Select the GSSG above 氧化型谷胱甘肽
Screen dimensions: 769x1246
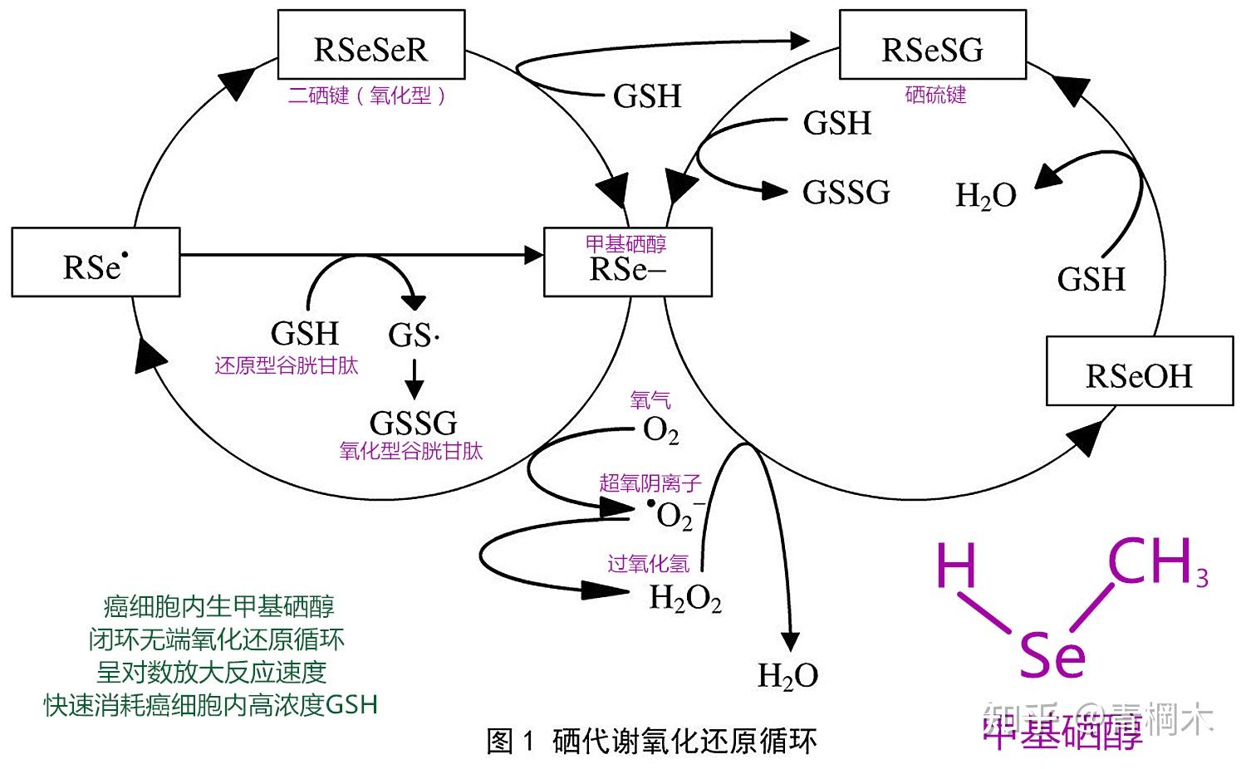tap(413, 423)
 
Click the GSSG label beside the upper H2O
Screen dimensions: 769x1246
tap(846, 193)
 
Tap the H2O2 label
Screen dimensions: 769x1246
tap(685, 598)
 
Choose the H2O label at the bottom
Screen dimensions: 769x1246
tap(787, 676)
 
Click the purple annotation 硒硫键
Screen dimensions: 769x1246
tap(935, 95)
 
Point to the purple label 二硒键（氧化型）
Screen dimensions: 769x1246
tap(366, 96)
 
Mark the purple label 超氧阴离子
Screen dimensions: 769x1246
tap(650, 482)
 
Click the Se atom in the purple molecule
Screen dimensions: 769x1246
tap(1052, 656)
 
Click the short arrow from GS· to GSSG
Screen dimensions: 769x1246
tap(414, 378)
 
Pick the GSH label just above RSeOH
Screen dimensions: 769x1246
tap(1091, 279)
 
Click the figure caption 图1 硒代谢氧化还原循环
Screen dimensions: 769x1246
tap(651, 741)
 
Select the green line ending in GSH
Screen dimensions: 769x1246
tap(211, 705)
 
